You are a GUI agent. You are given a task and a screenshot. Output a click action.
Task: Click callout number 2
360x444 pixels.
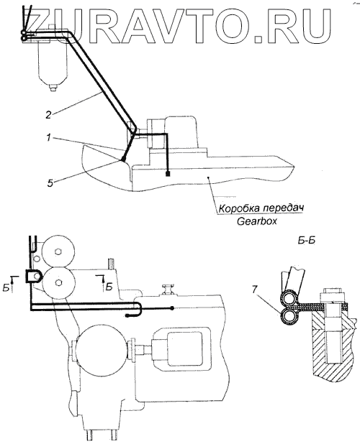48,115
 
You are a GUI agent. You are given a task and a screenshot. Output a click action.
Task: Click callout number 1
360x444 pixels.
49,138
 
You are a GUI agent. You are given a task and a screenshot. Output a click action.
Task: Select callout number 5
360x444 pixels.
50,183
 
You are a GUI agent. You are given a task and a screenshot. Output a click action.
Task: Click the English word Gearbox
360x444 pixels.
257,221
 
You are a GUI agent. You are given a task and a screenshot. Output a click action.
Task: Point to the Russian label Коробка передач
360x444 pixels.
261,208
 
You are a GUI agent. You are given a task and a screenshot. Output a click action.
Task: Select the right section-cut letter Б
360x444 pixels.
109,287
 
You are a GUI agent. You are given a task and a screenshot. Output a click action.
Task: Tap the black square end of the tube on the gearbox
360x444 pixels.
168,173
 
